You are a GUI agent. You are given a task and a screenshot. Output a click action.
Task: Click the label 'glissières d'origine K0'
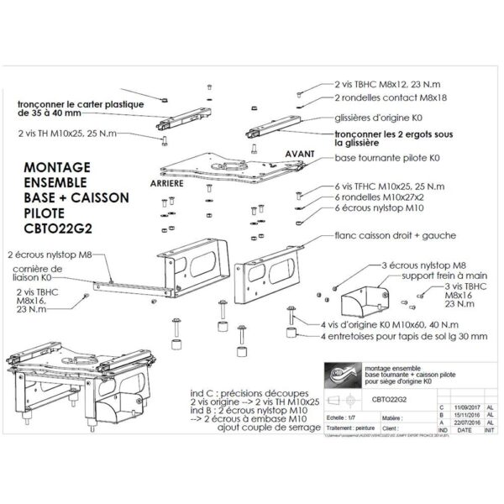click(375, 120)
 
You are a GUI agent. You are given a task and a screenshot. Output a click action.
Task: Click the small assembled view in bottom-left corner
click(67, 386)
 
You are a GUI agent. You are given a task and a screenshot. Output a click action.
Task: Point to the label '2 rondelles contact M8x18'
click(378, 97)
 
